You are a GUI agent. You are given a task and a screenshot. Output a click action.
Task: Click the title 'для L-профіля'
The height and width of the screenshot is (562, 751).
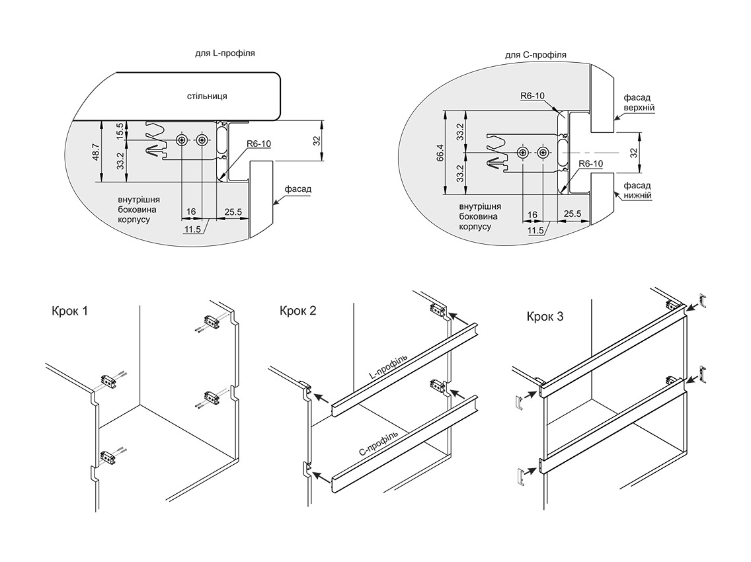[225, 54]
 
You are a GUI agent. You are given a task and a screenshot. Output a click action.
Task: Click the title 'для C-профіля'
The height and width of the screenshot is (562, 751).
[535, 55]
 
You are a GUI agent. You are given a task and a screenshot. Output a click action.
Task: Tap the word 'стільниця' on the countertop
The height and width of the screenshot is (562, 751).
[207, 97]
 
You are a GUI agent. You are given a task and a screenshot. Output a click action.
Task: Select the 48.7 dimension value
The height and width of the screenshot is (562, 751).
[95, 153]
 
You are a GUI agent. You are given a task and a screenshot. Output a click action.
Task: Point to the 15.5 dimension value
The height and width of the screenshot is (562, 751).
[120, 130]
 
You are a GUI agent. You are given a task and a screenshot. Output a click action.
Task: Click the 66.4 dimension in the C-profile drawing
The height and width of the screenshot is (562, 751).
[439, 153]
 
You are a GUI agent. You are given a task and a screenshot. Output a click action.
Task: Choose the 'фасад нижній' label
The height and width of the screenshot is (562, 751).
[638, 190]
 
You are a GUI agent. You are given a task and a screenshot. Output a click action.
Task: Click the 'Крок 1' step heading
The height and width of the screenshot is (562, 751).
[69, 311]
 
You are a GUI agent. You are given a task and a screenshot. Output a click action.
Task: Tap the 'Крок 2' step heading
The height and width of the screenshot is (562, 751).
[298, 310]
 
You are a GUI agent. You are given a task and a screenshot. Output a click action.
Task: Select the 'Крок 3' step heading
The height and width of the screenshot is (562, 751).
[545, 317]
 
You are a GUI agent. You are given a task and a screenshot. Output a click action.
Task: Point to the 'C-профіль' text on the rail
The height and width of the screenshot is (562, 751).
[378, 442]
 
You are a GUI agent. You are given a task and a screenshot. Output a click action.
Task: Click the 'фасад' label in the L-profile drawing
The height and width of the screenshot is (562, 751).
[297, 189]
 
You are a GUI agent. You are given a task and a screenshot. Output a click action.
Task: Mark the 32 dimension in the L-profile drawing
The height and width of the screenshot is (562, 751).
[316, 141]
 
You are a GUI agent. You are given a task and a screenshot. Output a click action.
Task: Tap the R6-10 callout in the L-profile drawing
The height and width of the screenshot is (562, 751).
[259, 144]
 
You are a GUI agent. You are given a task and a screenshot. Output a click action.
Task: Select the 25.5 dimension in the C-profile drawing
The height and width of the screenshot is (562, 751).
[573, 214]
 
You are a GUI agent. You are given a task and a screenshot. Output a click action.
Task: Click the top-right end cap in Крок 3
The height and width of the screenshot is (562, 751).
[704, 301]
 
